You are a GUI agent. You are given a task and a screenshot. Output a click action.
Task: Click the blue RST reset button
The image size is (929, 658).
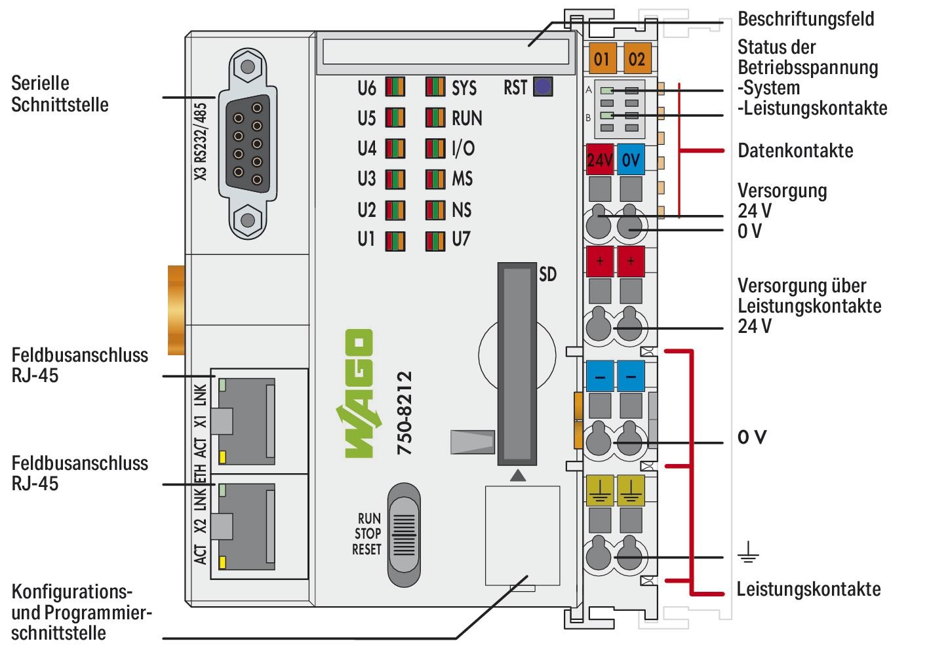542,87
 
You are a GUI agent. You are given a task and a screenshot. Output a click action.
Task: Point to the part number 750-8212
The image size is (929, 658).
405,413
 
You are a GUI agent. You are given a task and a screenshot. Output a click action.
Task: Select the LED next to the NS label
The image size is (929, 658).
435,210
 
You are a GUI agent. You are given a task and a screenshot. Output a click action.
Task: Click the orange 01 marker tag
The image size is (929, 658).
601,59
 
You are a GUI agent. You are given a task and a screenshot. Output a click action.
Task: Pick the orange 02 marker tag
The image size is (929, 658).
636,59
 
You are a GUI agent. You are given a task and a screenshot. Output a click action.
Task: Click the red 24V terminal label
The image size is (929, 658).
599,159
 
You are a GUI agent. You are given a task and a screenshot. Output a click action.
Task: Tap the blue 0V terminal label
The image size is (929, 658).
631,159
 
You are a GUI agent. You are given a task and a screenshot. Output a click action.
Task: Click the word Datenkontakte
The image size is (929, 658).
795,151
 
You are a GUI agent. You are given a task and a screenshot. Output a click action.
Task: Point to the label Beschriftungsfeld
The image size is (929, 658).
805,18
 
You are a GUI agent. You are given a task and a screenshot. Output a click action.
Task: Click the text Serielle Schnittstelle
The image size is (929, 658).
59,94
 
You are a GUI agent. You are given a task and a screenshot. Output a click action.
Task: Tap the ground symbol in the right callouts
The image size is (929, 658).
747,557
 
